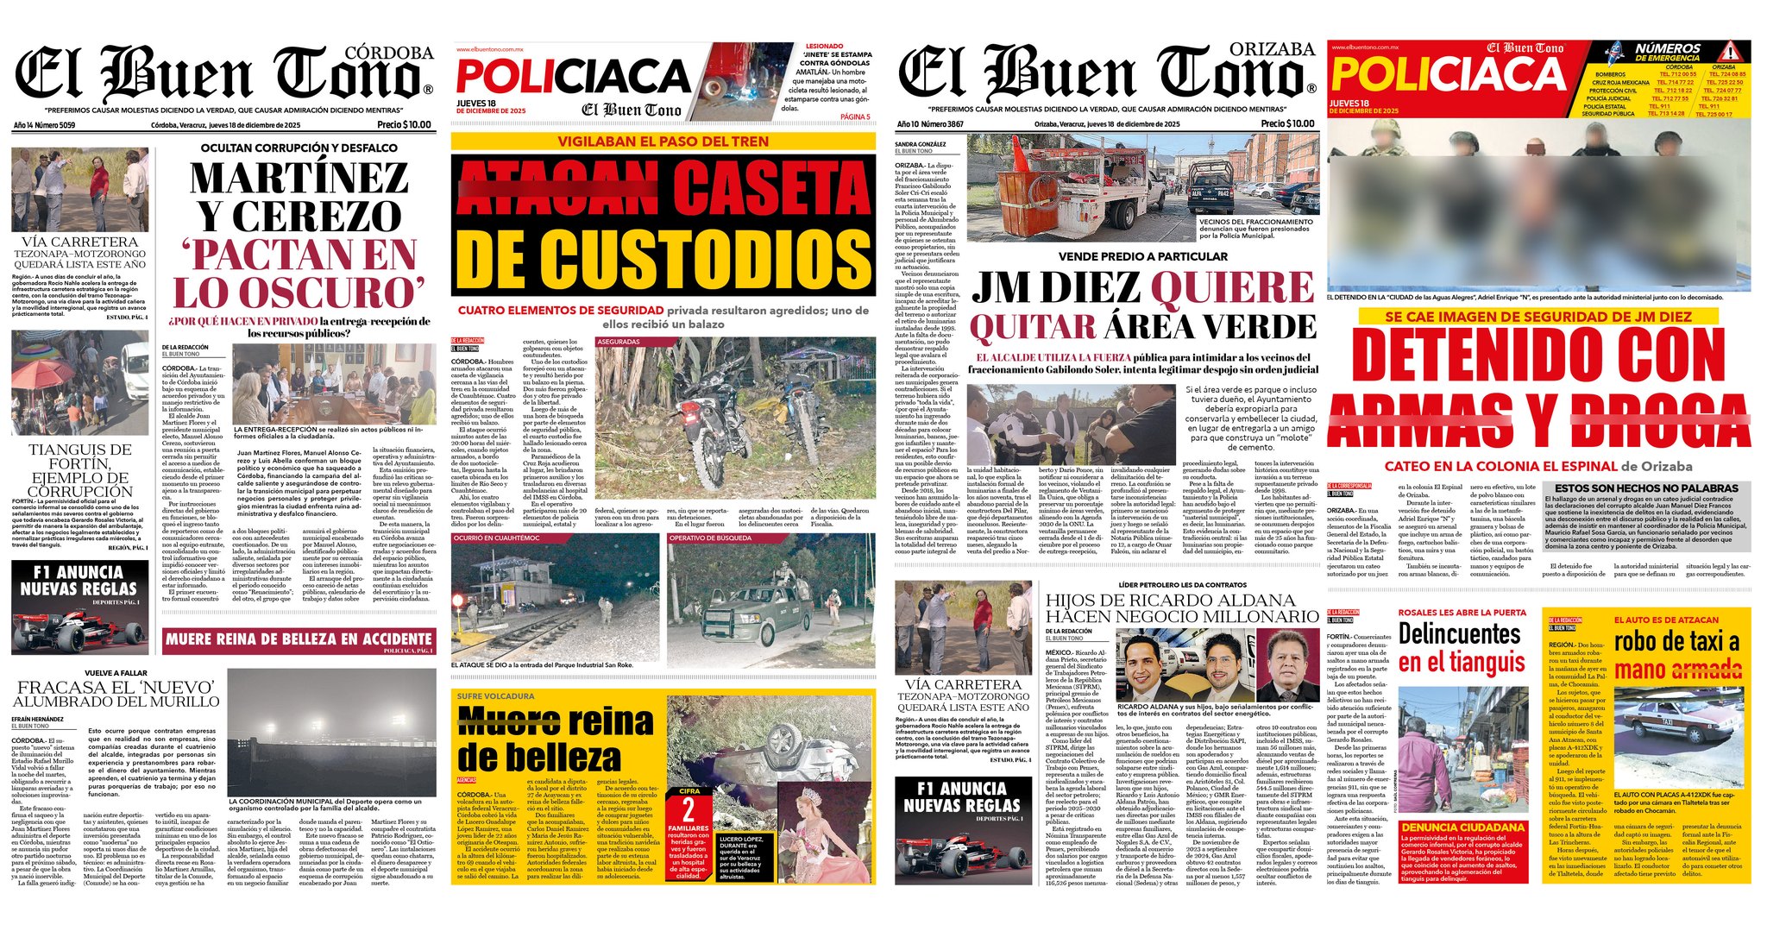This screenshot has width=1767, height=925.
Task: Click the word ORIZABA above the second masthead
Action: pos(1272,50)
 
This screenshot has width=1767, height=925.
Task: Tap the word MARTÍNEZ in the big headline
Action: pos(299,178)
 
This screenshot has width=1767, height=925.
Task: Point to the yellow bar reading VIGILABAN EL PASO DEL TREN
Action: pos(663,142)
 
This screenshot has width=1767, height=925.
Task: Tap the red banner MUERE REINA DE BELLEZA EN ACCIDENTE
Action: pos(299,639)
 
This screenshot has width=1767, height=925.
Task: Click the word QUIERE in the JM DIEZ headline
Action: pos(1232,287)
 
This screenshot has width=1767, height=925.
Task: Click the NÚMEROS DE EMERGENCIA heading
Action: pos(1667,52)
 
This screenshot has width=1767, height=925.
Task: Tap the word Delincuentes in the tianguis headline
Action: pos(1459,634)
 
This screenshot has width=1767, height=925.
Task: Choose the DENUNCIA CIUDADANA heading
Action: pos(1462,827)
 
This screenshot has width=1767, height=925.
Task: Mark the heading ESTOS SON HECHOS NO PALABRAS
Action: pos(1645,488)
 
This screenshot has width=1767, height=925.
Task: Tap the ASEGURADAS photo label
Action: pos(619,342)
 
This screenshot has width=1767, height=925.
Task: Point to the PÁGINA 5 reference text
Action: pos(854,116)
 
